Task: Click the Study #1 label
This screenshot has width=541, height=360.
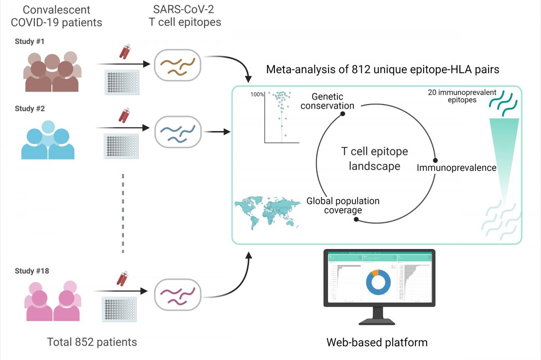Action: coord(29,42)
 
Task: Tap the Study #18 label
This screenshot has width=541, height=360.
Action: coord(32,271)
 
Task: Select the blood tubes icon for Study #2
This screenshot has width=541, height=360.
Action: coord(124,115)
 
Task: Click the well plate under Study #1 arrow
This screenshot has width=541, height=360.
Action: coord(122,82)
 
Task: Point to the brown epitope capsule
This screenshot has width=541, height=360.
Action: coord(178,65)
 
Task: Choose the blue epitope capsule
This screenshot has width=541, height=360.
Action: coord(178,132)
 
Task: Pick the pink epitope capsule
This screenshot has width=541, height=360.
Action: coord(178,294)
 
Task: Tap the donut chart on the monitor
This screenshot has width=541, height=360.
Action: coord(378,282)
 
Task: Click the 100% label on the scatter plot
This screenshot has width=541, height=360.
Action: coord(257,95)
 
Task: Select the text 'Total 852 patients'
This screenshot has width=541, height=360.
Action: coord(92,342)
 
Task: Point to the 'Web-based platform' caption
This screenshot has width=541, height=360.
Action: coord(377,342)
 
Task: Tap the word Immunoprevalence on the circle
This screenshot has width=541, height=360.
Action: coord(456,168)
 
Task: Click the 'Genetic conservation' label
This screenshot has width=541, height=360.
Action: coord(327,101)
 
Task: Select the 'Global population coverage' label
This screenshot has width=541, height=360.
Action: coord(343,205)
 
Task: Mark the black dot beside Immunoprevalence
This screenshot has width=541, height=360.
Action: coord(435,160)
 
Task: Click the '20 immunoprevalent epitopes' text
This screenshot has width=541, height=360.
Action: coord(462,96)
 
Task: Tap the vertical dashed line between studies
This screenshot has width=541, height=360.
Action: coord(123,213)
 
